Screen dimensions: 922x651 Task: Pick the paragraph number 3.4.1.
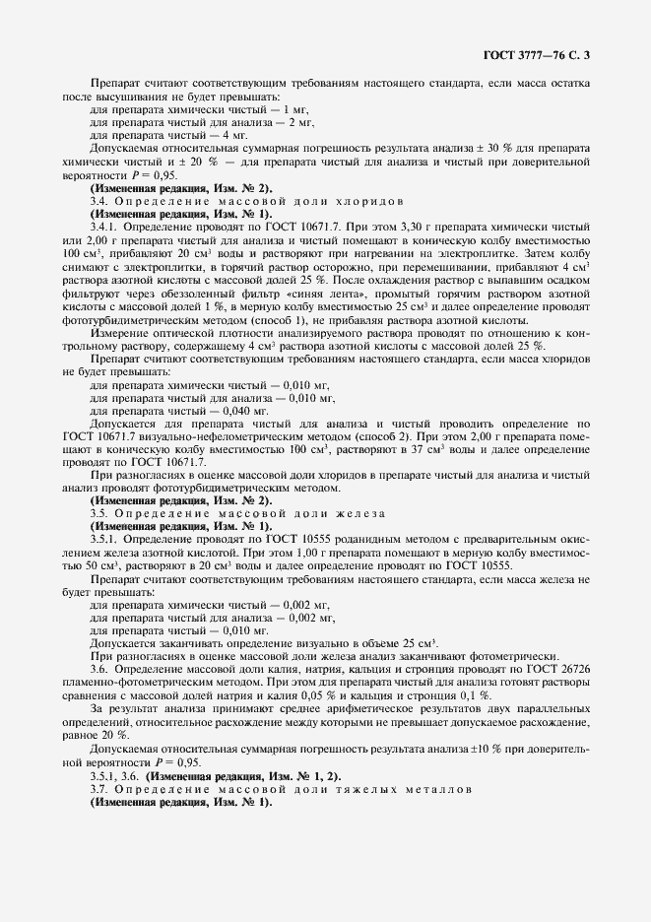click(106, 226)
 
